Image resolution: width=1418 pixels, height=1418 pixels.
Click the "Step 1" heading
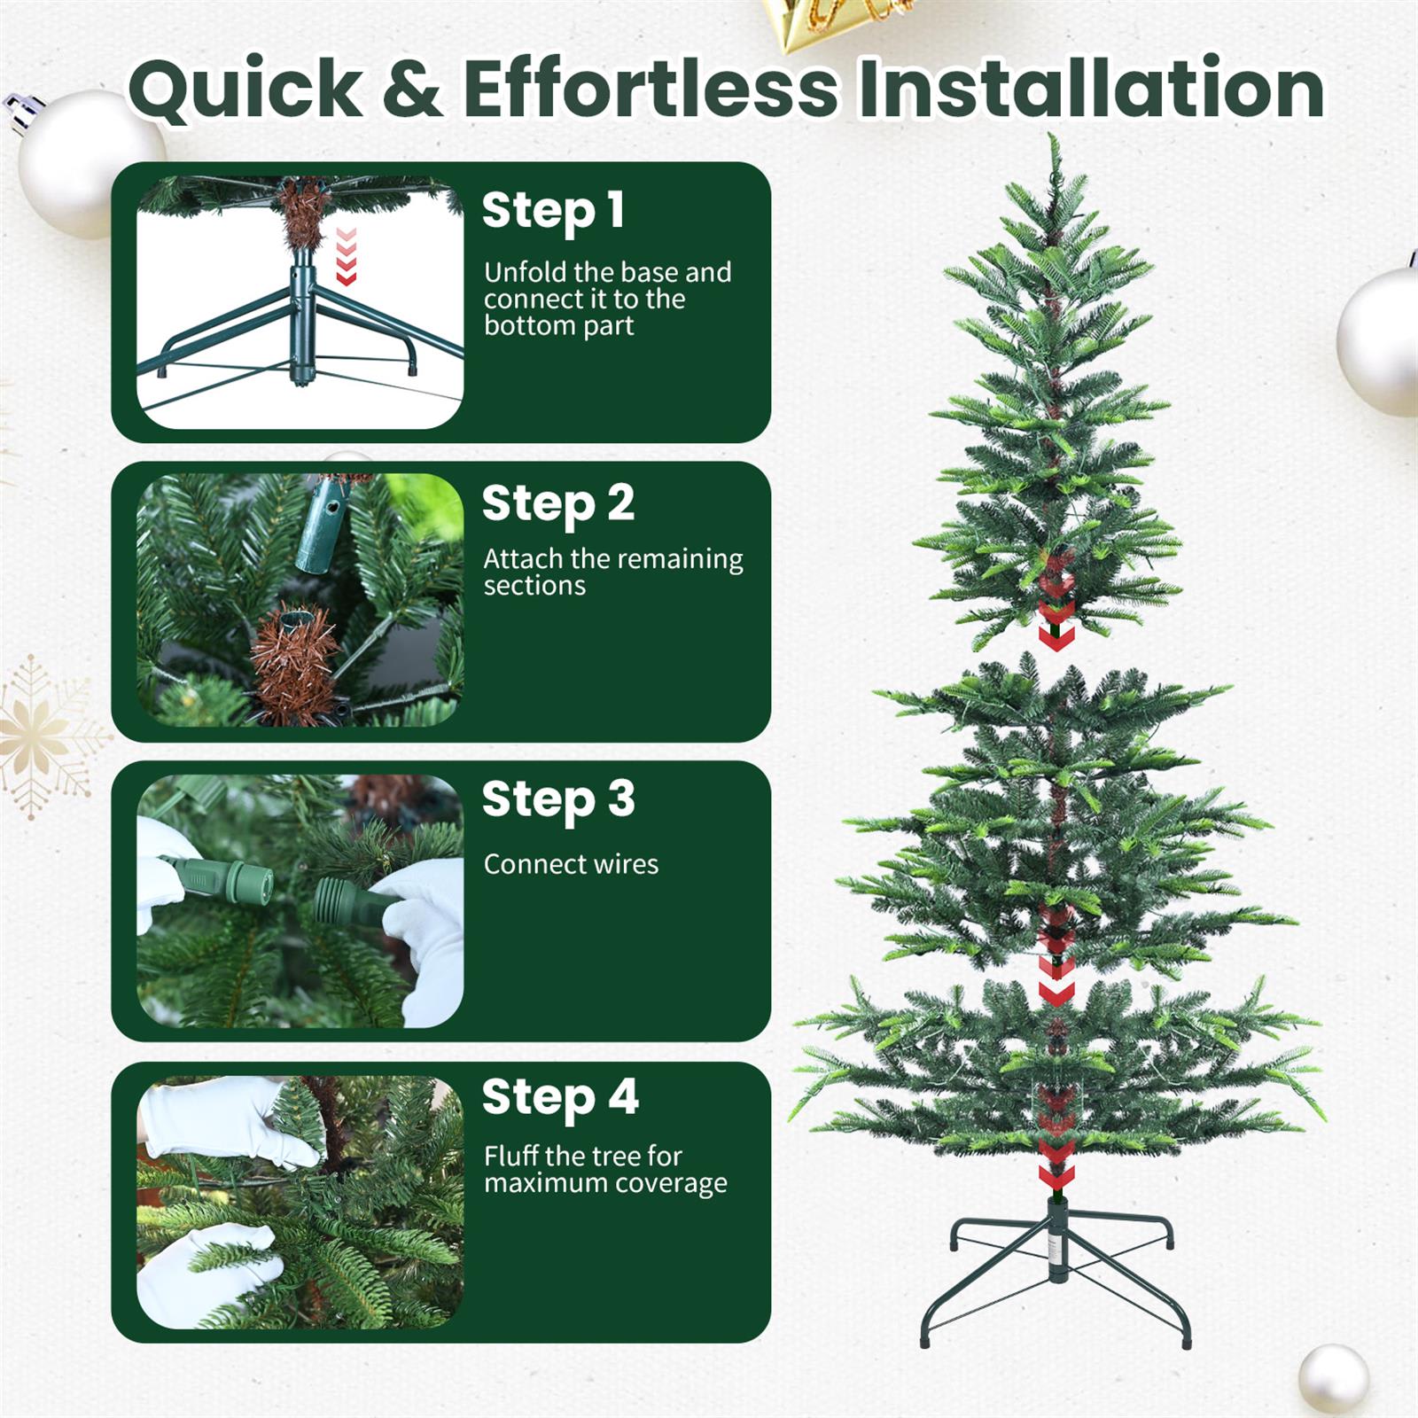[553, 211]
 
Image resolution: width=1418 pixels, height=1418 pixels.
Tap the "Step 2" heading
[558, 503]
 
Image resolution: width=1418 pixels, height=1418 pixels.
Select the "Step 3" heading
[558, 799]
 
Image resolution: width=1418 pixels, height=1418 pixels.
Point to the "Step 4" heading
[560, 1097]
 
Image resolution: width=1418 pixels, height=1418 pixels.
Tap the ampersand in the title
[414, 89]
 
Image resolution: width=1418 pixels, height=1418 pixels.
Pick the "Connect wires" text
[571, 864]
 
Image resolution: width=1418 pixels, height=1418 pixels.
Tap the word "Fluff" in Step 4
[511, 1156]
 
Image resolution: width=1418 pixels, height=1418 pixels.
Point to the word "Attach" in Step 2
[523, 558]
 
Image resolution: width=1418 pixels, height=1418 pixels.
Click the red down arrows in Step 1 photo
[347, 256]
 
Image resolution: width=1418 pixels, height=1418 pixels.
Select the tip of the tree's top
[1052, 138]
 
